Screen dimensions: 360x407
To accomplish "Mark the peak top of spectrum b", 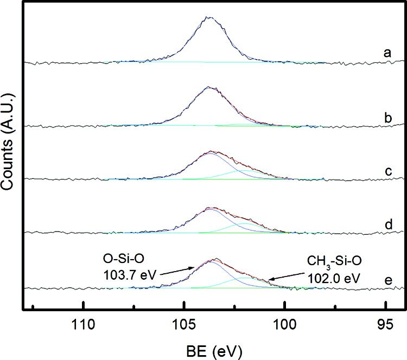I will click(208, 87).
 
